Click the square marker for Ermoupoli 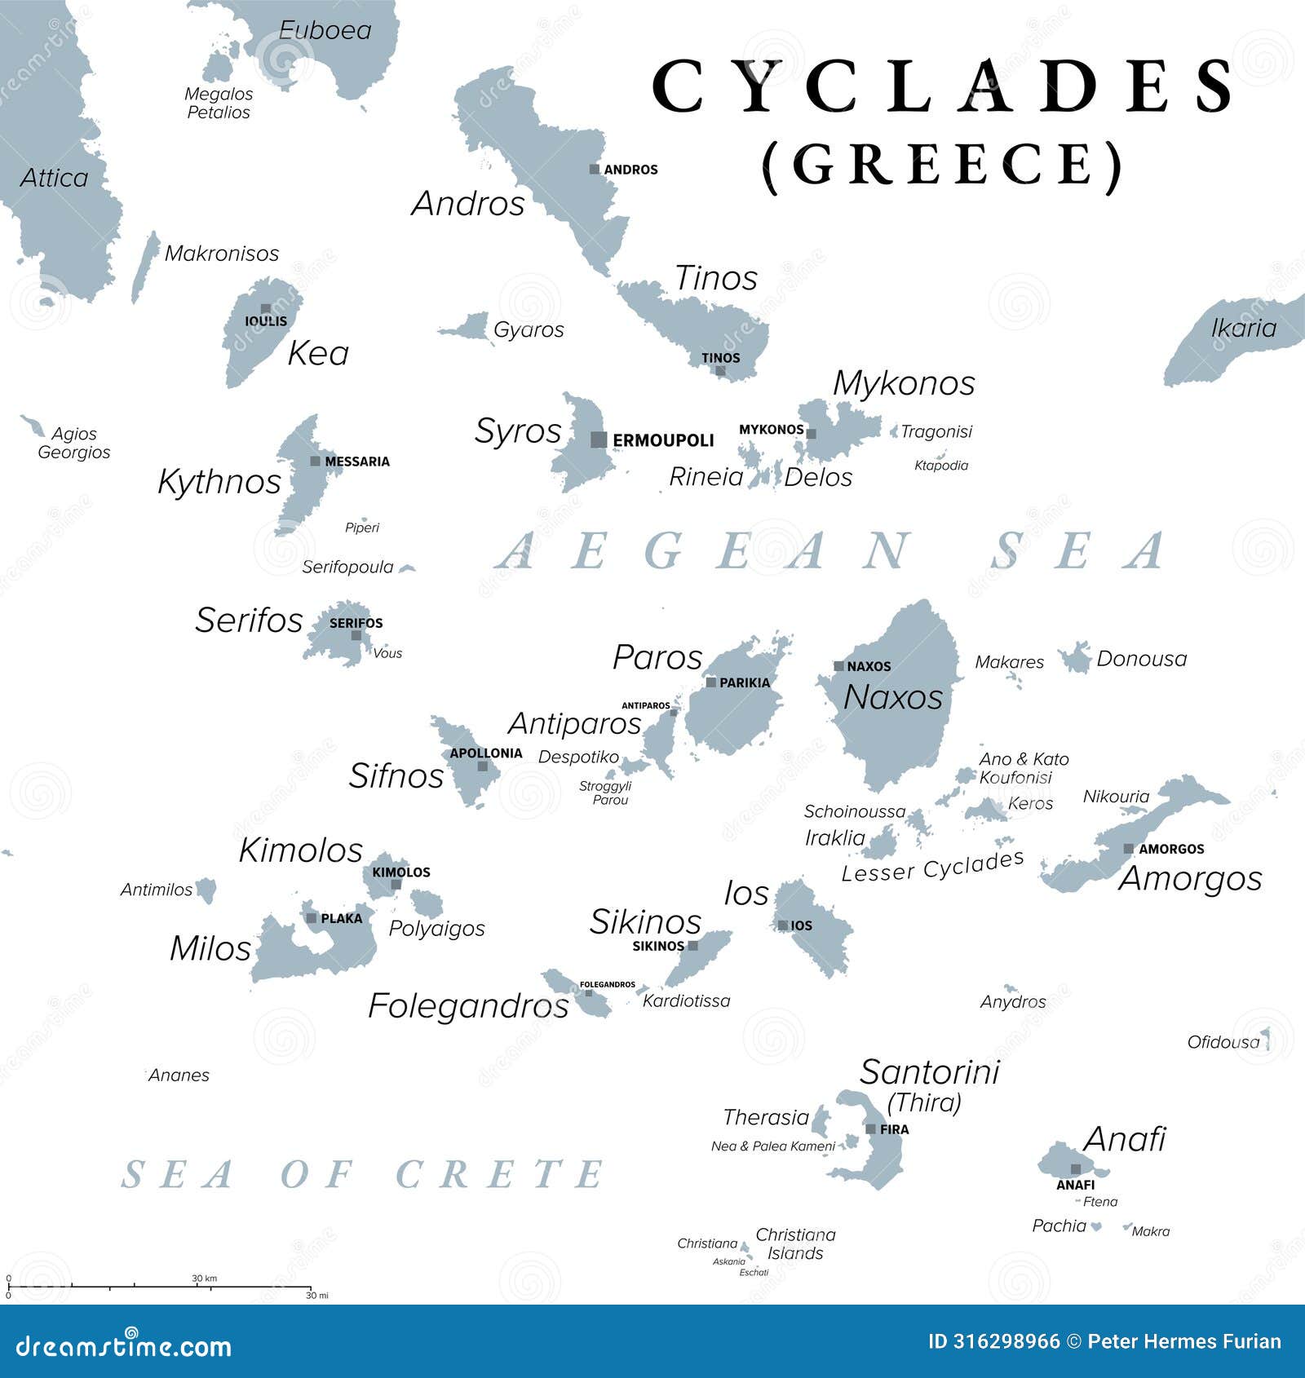(599, 439)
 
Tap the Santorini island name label (929, 1071)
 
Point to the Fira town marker (871, 1129)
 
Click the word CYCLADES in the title (944, 86)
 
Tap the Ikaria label (1243, 328)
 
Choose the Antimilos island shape (207, 890)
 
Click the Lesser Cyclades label (932, 867)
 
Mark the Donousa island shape (1076, 657)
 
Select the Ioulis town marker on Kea (266, 309)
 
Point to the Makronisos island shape (145, 267)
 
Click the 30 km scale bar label (204, 1279)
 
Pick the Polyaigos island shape (426, 903)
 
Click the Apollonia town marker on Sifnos (483, 766)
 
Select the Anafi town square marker (1076, 1169)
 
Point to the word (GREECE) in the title (943, 165)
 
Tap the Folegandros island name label (468, 1005)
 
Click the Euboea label (325, 30)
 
